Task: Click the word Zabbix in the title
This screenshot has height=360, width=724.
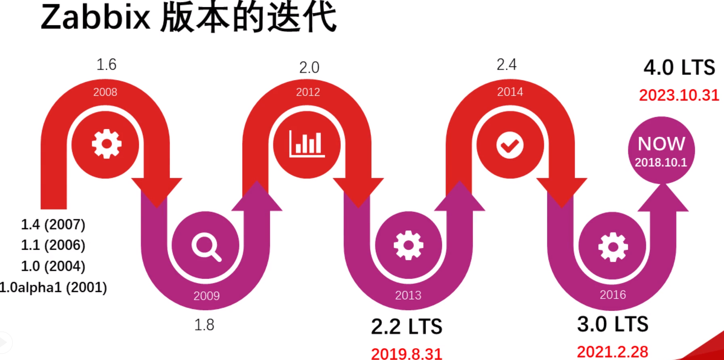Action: click(95, 18)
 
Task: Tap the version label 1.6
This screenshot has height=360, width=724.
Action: click(106, 64)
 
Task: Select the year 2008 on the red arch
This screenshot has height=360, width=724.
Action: click(105, 92)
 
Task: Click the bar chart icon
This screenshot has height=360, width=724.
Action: click(307, 144)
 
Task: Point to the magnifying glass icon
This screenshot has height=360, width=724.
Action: click(206, 246)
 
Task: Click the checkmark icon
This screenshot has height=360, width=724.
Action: click(510, 145)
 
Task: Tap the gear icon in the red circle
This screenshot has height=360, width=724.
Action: click(106, 144)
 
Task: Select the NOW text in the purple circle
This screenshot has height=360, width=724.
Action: click(661, 144)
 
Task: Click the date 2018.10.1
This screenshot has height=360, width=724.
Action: click(661, 162)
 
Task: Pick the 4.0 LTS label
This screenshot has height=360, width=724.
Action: click(679, 67)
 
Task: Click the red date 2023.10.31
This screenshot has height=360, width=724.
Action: click(679, 95)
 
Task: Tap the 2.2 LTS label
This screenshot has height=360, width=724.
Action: click(406, 326)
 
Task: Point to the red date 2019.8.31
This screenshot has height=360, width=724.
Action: click(406, 354)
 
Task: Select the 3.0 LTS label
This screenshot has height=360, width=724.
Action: click(613, 324)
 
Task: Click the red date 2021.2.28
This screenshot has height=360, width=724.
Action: click(613, 352)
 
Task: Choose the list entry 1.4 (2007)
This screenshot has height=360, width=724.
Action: click(53, 224)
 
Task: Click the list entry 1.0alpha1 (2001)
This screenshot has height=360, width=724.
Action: click(53, 288)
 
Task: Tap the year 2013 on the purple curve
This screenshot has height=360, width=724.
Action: click(408, 296)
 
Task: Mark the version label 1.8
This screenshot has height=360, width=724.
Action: click(204, 325)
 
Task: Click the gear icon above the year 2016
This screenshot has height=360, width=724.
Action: click(613, 246)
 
